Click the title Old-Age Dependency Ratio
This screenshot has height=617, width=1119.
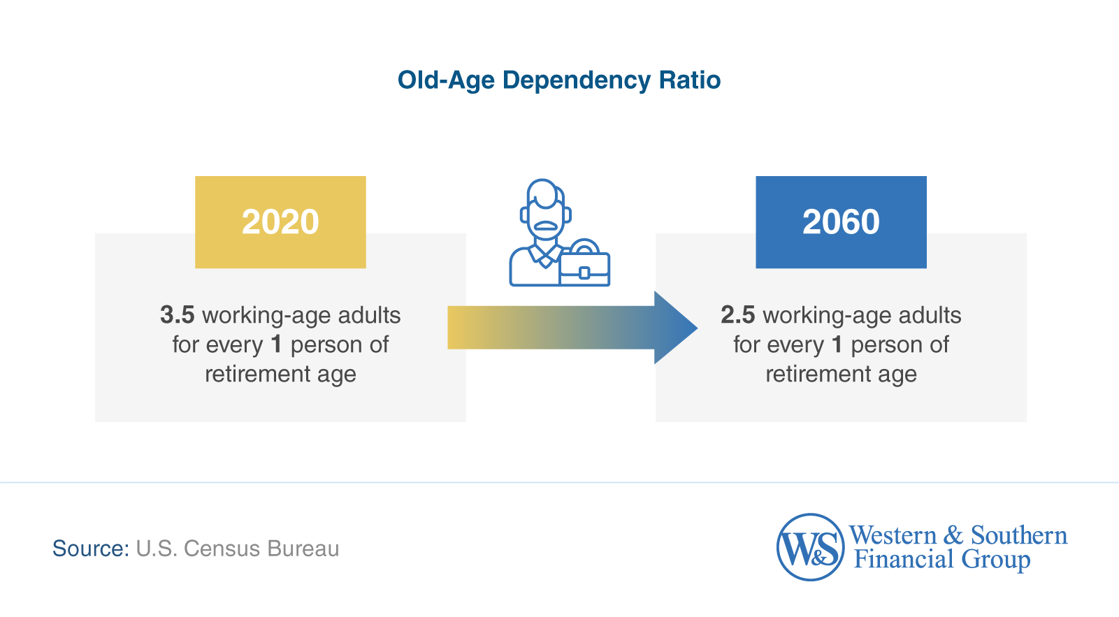click(558, 80)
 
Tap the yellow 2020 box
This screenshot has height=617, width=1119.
click(280, 222)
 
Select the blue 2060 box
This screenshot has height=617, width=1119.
click(841, 222)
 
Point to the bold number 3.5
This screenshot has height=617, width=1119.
click(177, 315)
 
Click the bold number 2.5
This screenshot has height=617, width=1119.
click(737, 315)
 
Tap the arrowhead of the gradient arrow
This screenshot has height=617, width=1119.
click(674, 328)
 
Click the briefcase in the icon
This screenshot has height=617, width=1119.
click(584, 266)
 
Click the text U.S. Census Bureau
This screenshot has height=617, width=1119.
click(238, 549)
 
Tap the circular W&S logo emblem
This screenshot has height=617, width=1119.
click(810, 547)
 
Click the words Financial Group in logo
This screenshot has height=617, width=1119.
click(941, 560)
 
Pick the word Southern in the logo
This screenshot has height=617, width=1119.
click(1018, 535)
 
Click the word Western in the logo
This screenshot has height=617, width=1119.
click(893, 535)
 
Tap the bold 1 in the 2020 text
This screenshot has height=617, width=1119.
click(276, 344)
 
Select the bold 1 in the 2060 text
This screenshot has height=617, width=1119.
click(837, 344)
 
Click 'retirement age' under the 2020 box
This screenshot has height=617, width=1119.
click(280, 375)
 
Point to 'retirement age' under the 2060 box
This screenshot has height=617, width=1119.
click(841, 375)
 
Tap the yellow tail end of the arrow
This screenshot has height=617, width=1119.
click(461, 327)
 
